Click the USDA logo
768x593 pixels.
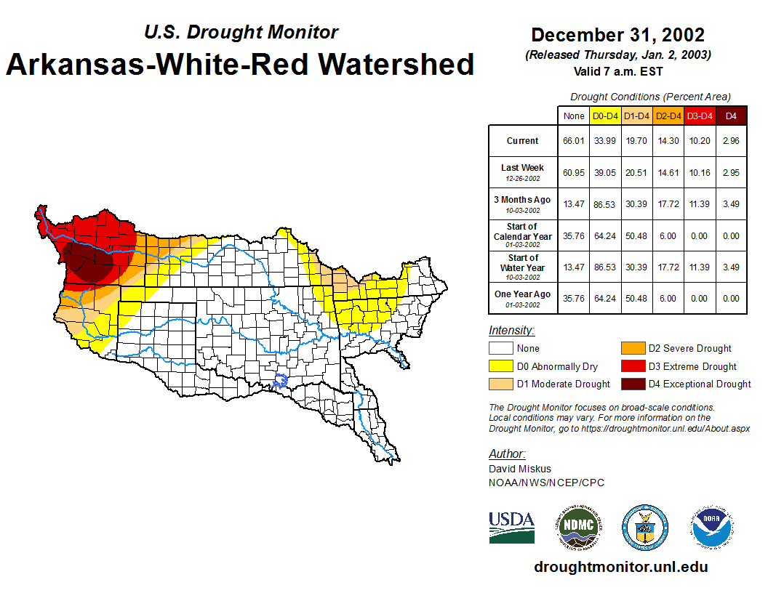point(511,527)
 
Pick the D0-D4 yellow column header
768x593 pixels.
point(605,116)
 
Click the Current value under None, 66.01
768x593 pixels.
point(573,141)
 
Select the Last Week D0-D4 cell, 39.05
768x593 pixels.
point(605,173)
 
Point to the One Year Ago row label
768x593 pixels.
point(522,294)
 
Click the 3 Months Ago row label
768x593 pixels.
point(522,200)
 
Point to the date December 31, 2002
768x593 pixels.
point(617,35)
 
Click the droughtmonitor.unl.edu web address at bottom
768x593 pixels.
point(620,567)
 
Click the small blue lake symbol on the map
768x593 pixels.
point(280,380)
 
